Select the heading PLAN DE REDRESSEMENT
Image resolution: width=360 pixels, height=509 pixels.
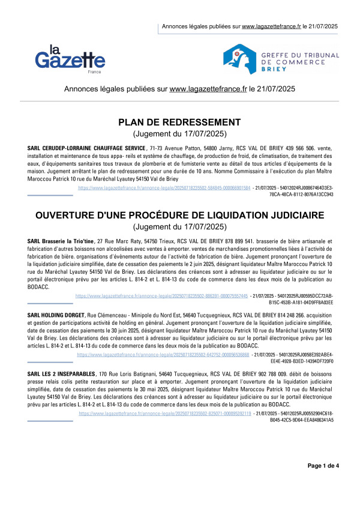180,122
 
